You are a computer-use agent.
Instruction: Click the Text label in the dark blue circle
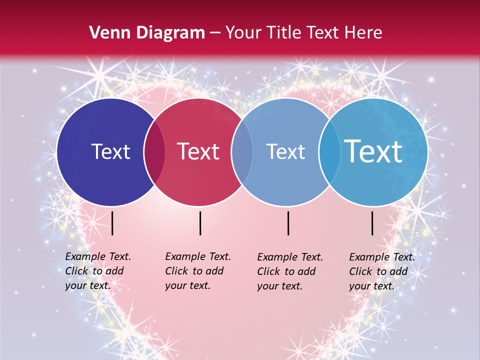110,151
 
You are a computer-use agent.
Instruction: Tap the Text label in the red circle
198,151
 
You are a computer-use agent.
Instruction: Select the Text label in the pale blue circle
285,151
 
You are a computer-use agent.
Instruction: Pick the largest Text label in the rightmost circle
373,151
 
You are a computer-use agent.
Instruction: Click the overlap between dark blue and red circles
154,151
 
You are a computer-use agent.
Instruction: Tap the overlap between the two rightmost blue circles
328,151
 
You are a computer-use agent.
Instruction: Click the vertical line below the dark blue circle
112,223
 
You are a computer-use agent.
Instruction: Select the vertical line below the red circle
200,223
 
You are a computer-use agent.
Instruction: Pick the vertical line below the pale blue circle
288,223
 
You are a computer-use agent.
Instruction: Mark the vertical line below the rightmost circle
372,223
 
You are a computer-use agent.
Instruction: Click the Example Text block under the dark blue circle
97,271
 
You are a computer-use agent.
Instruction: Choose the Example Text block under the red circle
197,271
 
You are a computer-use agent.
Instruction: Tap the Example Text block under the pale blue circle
289,271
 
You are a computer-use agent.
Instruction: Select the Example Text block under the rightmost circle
381,271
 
